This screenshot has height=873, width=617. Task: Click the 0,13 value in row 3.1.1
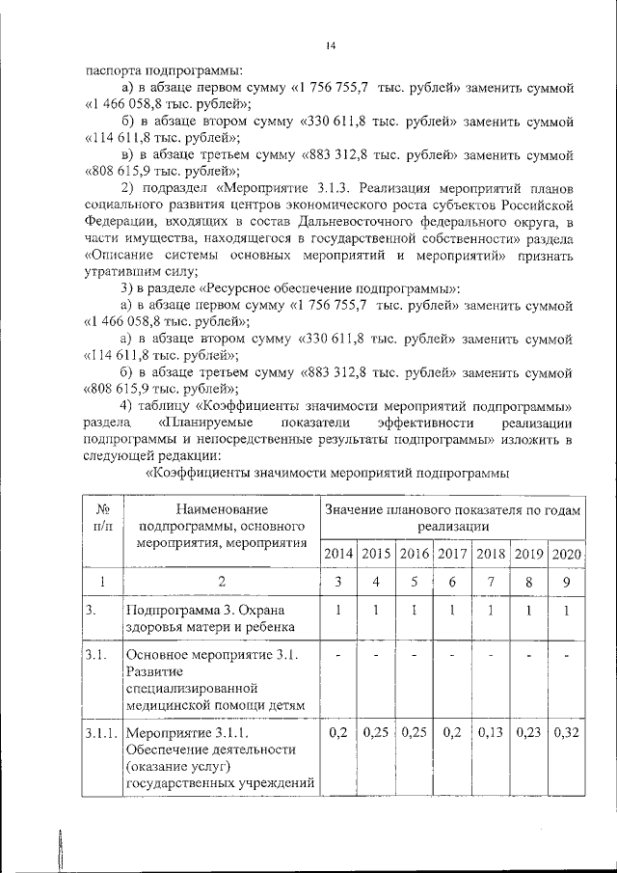[x=491, y=733]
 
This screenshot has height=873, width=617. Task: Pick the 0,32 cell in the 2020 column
[x=566, y=733]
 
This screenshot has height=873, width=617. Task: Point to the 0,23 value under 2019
[x=528, y=733]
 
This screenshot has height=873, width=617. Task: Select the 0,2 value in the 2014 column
[x=337, y=733]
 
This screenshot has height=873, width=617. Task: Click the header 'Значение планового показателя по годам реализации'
[x=452, y=517]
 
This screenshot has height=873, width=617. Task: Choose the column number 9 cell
[x=566, y=582]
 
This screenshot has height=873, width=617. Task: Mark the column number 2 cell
[x=222, y=582]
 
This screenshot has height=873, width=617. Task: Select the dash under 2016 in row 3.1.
[x=414, y=656]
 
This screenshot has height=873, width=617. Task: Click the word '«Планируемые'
[x=201, y=422]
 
